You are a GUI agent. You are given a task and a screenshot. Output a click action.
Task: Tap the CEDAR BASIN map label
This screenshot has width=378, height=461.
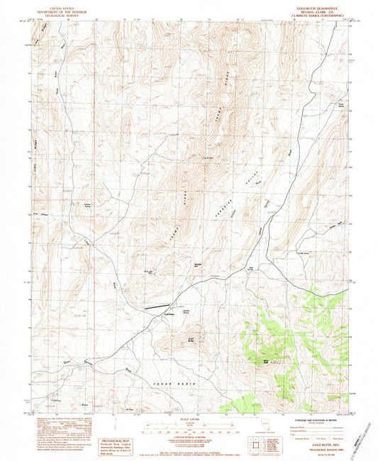point(174,383)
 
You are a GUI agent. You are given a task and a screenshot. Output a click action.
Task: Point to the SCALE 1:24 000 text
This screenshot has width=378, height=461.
point(190,420)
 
